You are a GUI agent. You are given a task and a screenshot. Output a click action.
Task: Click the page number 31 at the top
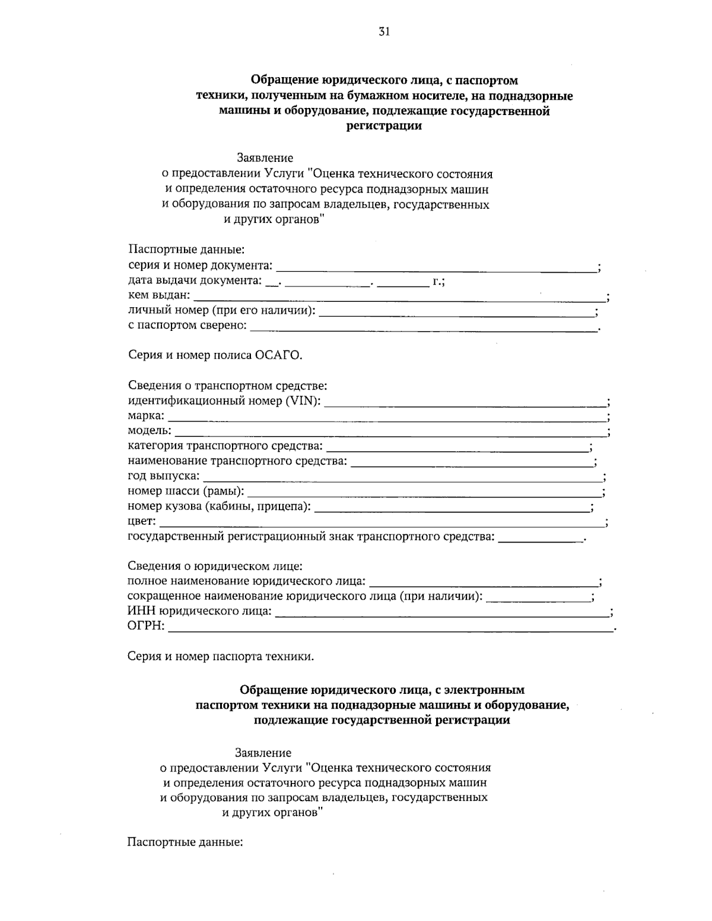(384, 33)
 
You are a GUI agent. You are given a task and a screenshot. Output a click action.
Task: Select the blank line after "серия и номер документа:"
(436, 268)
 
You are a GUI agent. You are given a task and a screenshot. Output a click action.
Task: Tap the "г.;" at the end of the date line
(438, 281)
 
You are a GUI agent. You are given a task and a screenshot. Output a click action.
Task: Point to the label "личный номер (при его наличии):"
(222, 310)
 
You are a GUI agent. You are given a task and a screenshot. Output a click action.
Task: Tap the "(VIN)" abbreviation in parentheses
(303, 401)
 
